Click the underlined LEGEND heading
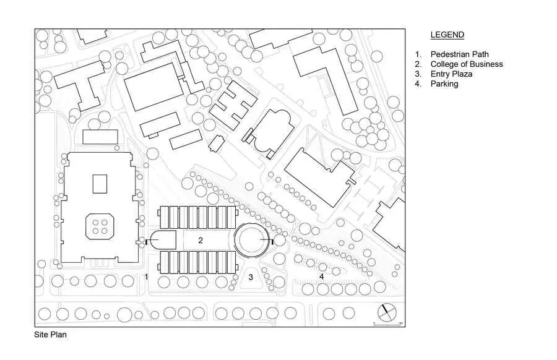(447, 35)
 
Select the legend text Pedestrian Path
(459, 54)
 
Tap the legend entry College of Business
(467, 64)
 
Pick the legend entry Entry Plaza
(451, 74)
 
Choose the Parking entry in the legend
(444, 84)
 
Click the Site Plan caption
(50, 335)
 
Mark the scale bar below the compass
(387, 324)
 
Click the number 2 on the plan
(201, 241)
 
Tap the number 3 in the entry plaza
(251, 277)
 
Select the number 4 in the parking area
(321, 276)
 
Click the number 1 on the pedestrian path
(146, 276)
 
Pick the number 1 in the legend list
(418, 54)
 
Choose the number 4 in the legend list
(418, 84)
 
